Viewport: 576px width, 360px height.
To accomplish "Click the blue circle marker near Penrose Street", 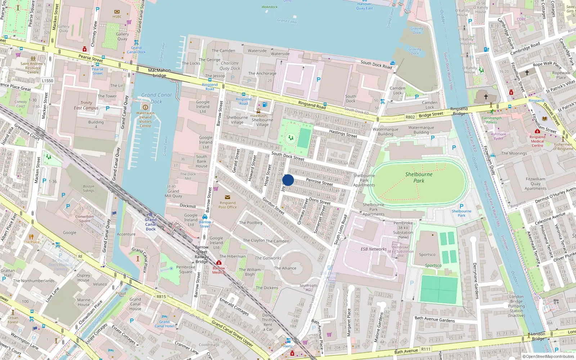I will (x=288, y=180).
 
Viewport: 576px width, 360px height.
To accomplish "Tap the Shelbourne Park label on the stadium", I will (x=419, y=177).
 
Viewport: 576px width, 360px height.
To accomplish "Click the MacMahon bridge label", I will (x=159, y=73).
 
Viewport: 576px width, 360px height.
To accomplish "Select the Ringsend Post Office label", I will (x=228, y=205).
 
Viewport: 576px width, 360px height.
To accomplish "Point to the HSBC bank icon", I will (x=117, y=12).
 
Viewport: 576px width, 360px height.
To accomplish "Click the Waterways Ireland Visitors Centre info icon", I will (x=145, y=107).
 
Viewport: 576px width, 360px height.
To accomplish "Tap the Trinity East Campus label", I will (x=86, y=105).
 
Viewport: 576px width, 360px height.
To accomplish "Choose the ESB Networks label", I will (x=374, y=249).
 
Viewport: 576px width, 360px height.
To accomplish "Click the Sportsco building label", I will (x=427, y=255).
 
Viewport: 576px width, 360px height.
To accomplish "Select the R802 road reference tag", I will (x=410, y=117).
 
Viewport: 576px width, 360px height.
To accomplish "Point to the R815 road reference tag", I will (x=161, y=297).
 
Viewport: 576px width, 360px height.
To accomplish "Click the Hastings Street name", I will (x=343, y=134).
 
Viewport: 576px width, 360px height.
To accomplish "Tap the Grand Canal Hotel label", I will (x=165, y=324).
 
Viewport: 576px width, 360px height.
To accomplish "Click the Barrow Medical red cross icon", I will (x=219, y=263).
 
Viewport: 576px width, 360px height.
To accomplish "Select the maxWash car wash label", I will (x=258, y=116).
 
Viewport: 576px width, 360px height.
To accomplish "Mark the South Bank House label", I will (x=202, y=161).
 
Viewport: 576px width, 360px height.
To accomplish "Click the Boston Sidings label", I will (x=89, y=189).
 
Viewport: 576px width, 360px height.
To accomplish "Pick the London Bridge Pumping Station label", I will (x=516, y=306).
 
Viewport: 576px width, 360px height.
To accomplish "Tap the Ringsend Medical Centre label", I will (x=537, y=141).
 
